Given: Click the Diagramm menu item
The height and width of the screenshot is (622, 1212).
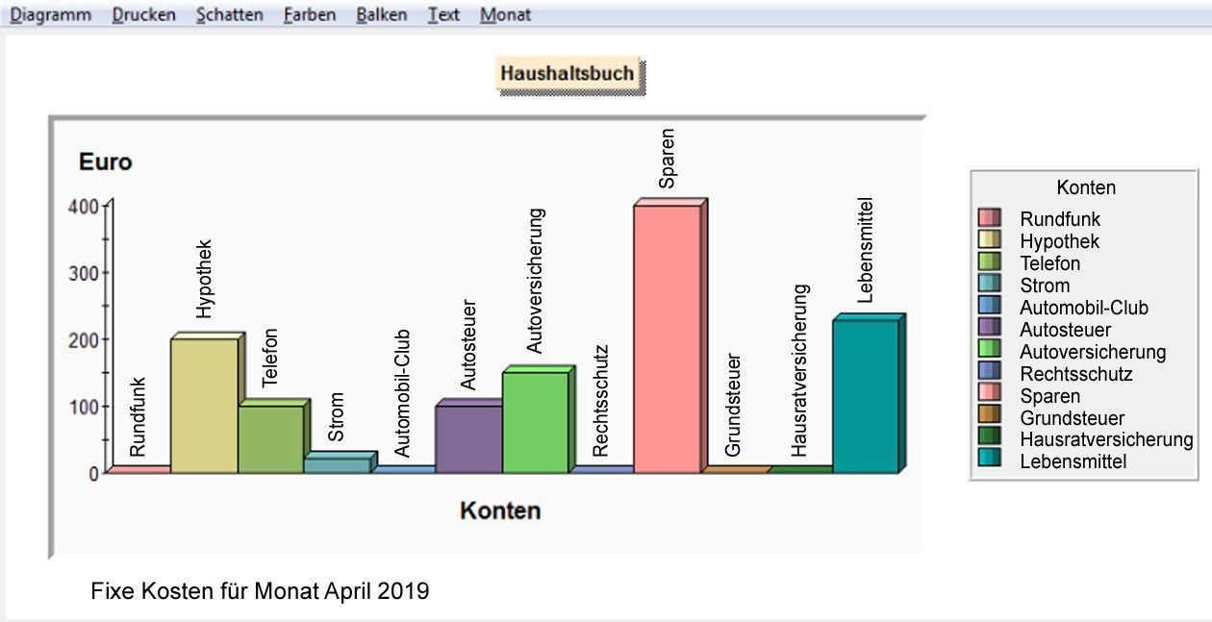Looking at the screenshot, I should click(50, 15).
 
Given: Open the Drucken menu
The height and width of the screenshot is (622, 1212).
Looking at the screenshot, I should click(143, 15).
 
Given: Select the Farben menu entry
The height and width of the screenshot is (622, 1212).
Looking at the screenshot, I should click(310, 15).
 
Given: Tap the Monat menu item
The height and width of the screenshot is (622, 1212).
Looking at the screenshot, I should click(505, 15).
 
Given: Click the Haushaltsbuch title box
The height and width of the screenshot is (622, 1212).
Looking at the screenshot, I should click(568, 73).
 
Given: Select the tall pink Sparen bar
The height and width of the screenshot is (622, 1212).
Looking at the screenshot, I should click(667, 336).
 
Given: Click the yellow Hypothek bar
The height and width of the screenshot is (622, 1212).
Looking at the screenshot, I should click(204, 404).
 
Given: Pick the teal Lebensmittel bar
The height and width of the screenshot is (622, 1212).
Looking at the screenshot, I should click(865, 394).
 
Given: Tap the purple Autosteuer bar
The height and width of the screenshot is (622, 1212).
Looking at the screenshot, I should click(468, 437).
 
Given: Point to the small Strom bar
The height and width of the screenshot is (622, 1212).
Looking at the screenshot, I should click(337, 464).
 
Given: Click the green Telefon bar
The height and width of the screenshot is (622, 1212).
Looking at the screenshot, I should click(270, 437).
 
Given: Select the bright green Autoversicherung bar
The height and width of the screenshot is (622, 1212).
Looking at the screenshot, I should click(535, 421).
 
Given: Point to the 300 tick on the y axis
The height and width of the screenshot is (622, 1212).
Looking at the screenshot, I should click(85, 272).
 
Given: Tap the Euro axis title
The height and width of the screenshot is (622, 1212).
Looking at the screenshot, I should click(105, 162).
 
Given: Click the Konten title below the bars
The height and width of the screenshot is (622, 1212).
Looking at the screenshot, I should click(500, 510).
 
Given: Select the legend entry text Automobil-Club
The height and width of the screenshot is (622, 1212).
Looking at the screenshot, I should click(1084, 308).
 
